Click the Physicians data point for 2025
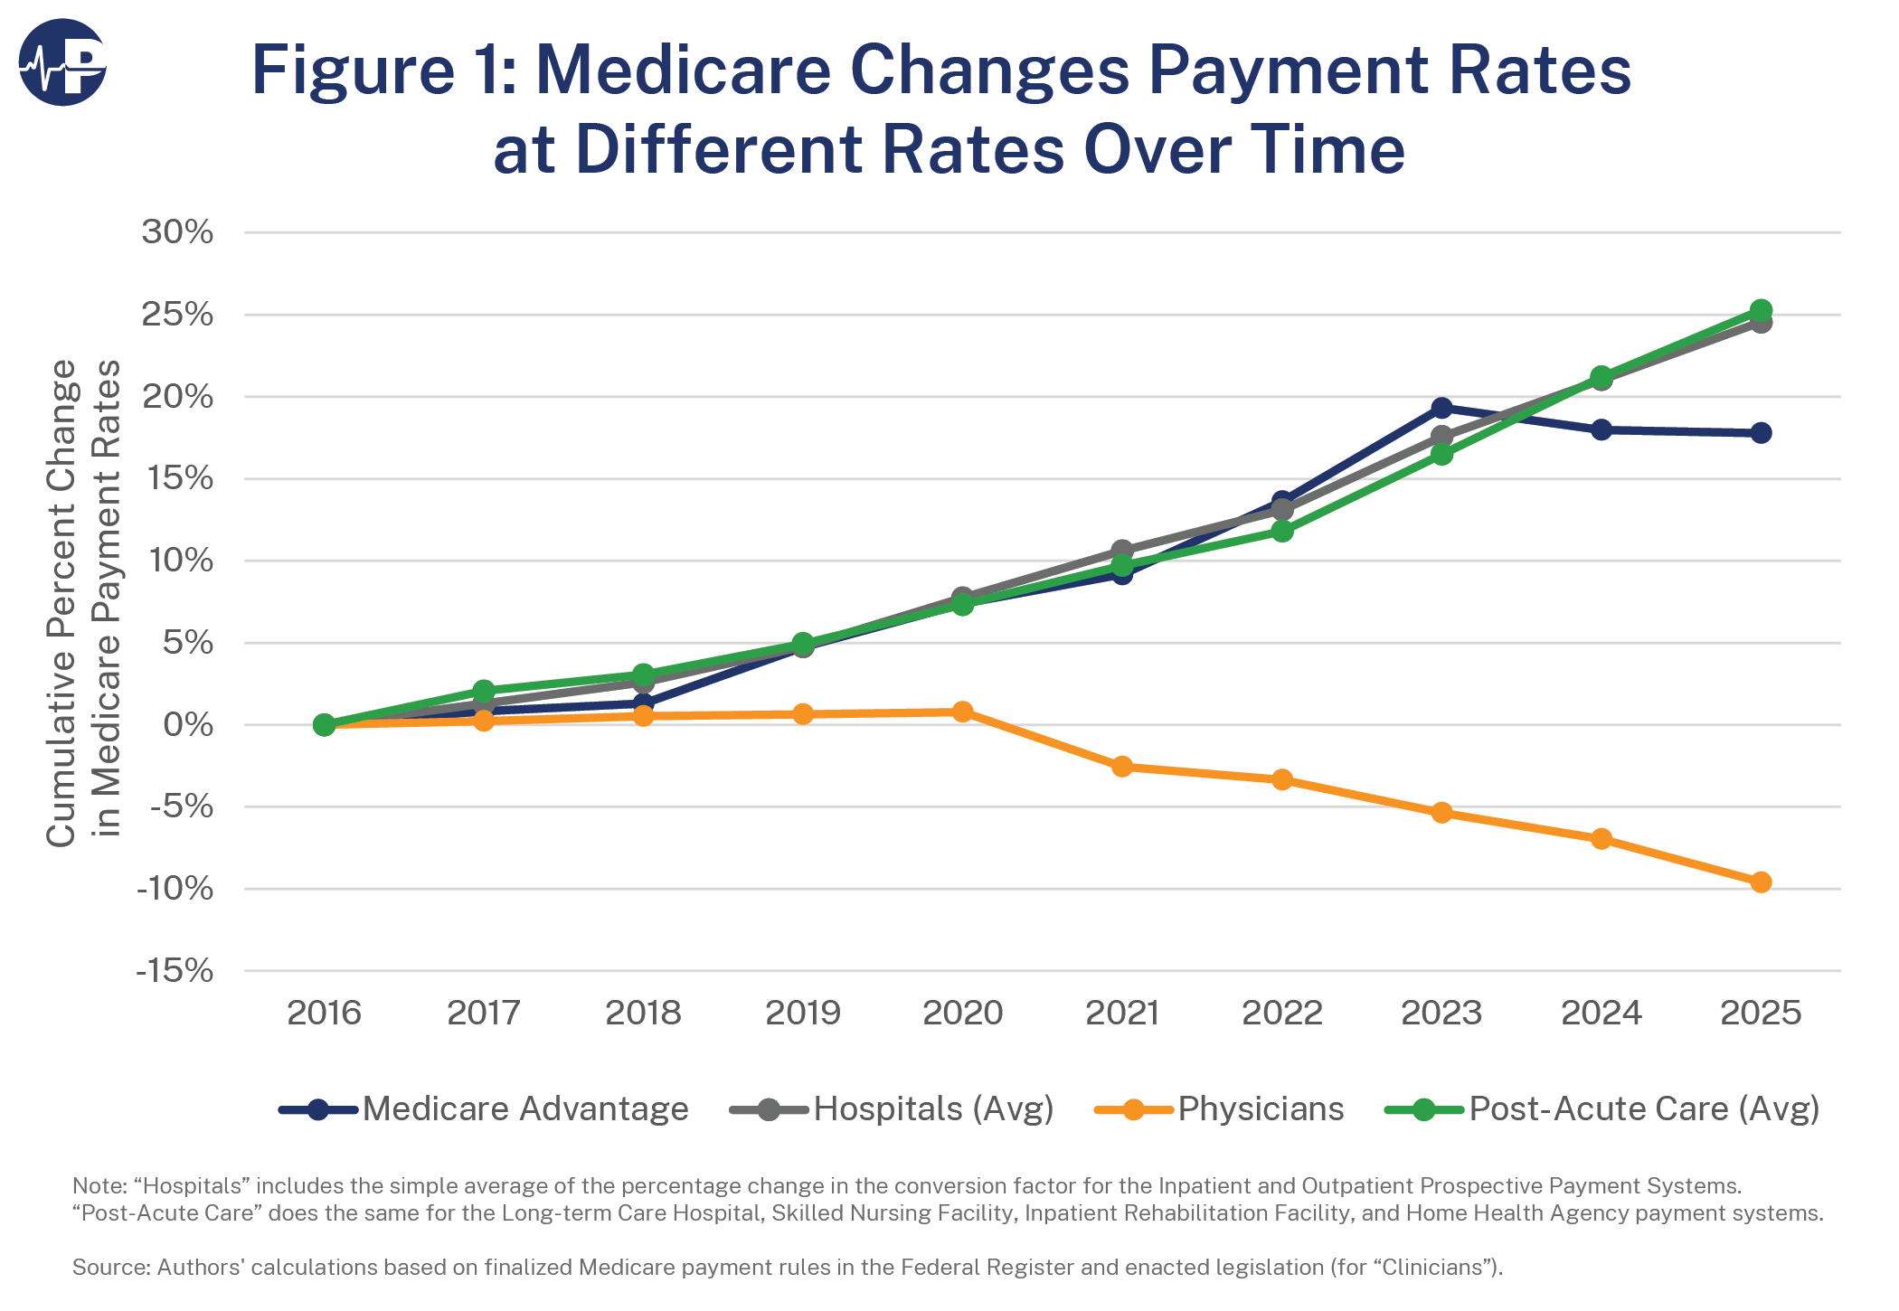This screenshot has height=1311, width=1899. coord(1761,882)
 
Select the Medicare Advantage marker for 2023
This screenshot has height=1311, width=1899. coord(1441,409)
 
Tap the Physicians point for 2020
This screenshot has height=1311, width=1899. coord(962,712)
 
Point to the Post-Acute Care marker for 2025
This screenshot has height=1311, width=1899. coord(1761,310)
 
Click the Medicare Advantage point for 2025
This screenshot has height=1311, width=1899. coord(1761,433)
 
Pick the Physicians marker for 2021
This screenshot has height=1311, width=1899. coord(1122,767)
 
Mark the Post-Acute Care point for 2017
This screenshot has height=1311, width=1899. coord(484,691)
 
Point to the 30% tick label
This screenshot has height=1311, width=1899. coord(177,232)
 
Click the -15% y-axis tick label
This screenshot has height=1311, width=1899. coord(175,971)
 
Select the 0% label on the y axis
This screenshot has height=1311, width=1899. coord(187,725)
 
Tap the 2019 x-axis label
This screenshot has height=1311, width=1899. coord(803,1013)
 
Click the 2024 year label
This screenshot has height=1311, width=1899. coord(1601,1013)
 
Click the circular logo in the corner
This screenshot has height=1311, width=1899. coord(62,62)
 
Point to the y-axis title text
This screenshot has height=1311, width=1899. coord(82,601)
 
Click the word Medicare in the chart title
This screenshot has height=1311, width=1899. coord(683,71)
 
